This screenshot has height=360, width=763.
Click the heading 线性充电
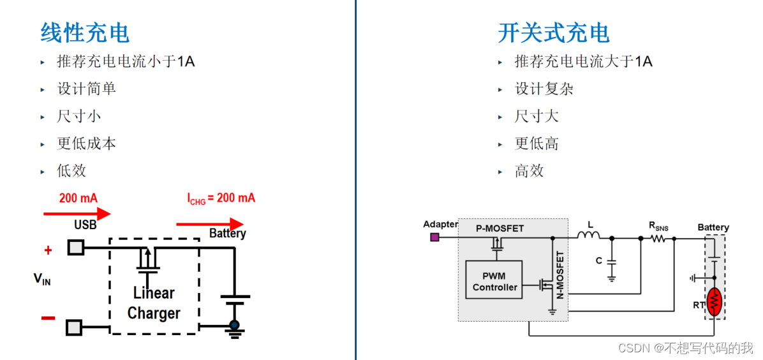(x=85, y=32)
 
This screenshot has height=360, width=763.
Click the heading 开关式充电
(x=553, y=33)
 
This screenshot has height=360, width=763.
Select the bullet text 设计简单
(x=87, y=89)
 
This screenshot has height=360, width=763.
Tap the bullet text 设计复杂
(x=544, y=89)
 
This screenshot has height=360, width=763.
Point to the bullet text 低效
(x=71, y=170)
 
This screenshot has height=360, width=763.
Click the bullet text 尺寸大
(x=537, y=116)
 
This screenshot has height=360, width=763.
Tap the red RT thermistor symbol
(x=715, y=301)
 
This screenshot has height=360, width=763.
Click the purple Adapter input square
(x=434, y=237)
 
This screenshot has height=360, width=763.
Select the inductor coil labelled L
(x=589, y=236)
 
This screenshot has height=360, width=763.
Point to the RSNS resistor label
(x=658, y=225)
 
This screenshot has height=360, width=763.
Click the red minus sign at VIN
(x=48, y=318)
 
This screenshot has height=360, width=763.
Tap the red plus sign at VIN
(x=48, y=251)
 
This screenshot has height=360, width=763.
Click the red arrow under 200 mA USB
(x=77, y=213)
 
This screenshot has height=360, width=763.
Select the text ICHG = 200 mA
(x=221, y=198)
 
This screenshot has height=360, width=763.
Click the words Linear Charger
(x=154, y=303)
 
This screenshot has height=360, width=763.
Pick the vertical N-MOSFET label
(x=561, y=276)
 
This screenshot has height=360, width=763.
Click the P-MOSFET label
(x=500, y=229)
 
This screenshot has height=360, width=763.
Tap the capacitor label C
(x=598, y=260)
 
